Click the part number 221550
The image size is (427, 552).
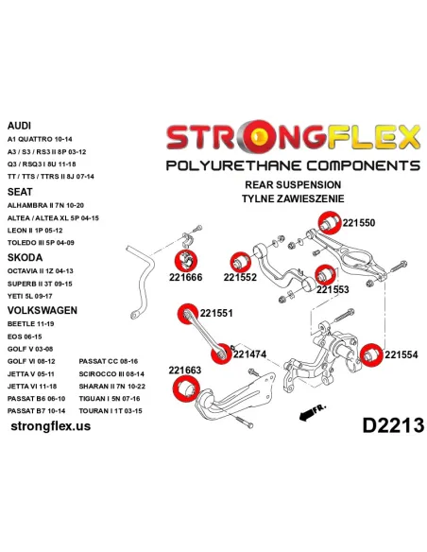tap(359, 223)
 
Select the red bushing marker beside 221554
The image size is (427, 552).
tap(371, 354)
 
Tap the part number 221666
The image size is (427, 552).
tap(185, 277)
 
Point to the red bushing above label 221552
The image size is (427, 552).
tap(241, 262)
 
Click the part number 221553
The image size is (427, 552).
tap(333, 289)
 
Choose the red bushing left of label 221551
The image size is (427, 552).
tap(188, 314)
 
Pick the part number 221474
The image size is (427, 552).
tap(249, 354)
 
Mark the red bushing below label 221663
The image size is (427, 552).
tap(186, 388)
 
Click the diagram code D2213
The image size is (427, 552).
tap(393, 425)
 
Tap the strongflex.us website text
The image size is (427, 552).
tap(51, 426)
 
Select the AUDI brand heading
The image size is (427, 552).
tap(19, 126)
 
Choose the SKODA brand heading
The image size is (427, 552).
tap(25, 257)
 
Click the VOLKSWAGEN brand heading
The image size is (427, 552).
tap(43, 310)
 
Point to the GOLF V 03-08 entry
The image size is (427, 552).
tap(30, 349)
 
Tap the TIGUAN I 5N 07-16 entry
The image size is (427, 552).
tap(110, 399)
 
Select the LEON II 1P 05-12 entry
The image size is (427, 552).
tap(35, 231)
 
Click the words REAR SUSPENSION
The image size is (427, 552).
tap(293, 185)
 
